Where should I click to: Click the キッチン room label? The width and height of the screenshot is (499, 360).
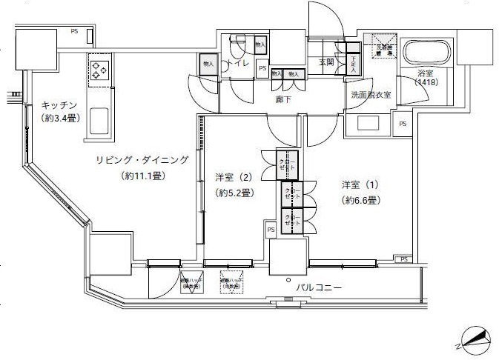tap(59, 105)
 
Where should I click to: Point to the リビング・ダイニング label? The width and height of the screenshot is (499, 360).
tap(142, 160)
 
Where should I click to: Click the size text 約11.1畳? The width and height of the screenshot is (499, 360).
tap(142, 176)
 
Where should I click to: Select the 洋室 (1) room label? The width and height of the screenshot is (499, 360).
tap(362, 184)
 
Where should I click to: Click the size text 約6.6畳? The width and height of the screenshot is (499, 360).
tap(362, 200)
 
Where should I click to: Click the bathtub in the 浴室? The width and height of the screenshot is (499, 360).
tap(426, 54)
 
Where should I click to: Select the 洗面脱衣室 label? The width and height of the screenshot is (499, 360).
tap(371, 96)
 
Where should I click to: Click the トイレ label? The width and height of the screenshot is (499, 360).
tap(239, 64)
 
